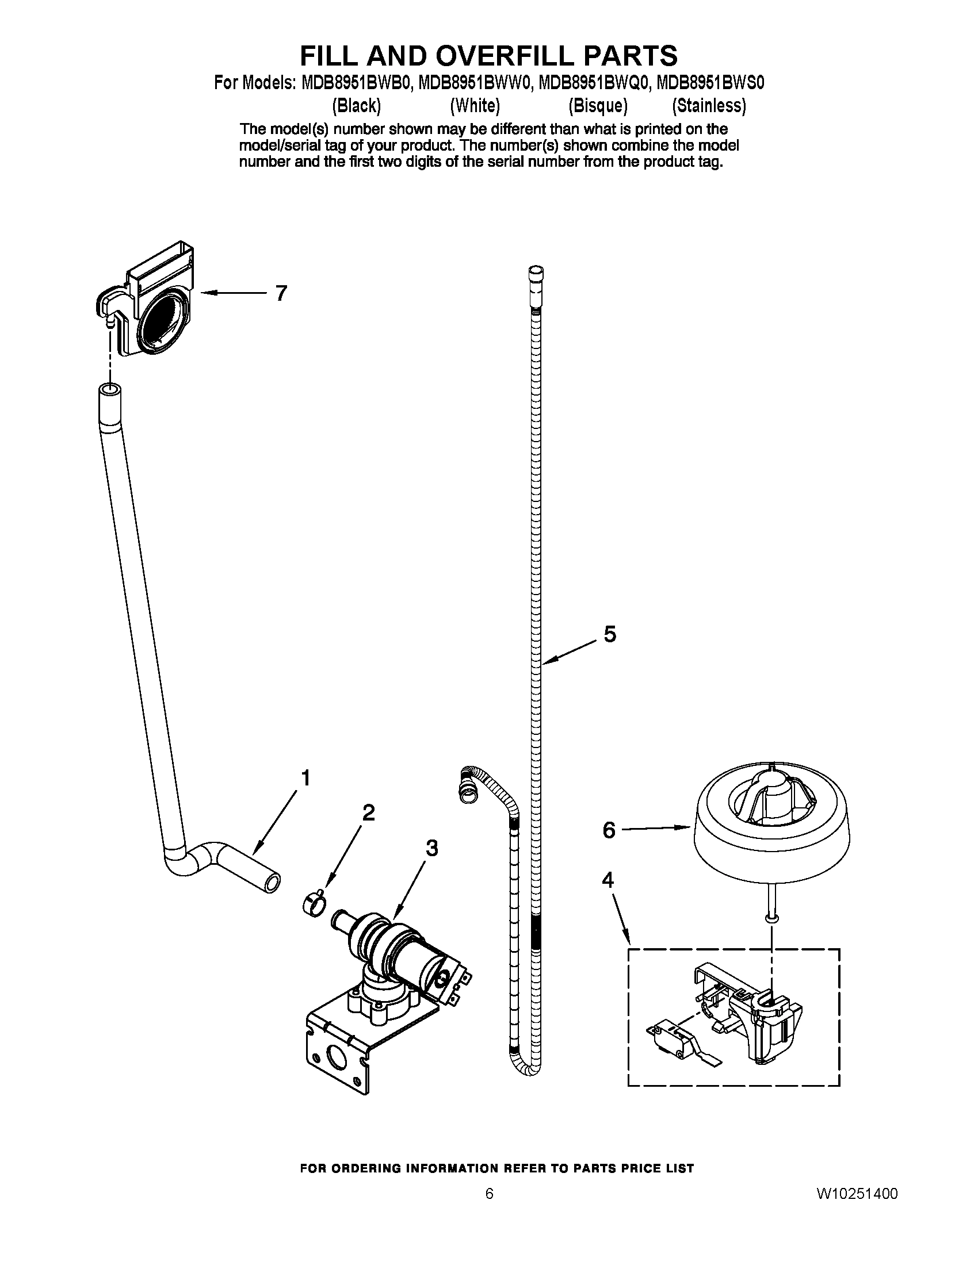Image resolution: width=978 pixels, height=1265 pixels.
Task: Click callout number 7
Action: [x=281, y=294]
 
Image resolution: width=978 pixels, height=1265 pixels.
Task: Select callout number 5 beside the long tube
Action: [x=609, y=634]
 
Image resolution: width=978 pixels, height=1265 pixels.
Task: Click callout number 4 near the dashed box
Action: [x=607, y=880]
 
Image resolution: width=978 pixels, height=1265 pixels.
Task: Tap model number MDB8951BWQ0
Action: [x=593, y=84]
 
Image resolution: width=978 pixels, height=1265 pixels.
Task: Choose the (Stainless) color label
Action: [x=709, y=105]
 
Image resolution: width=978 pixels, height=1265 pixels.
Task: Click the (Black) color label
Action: [x=356, y=105]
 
